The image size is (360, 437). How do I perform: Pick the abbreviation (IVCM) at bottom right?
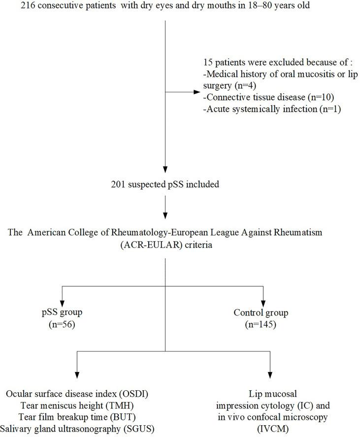click(271, 428)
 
